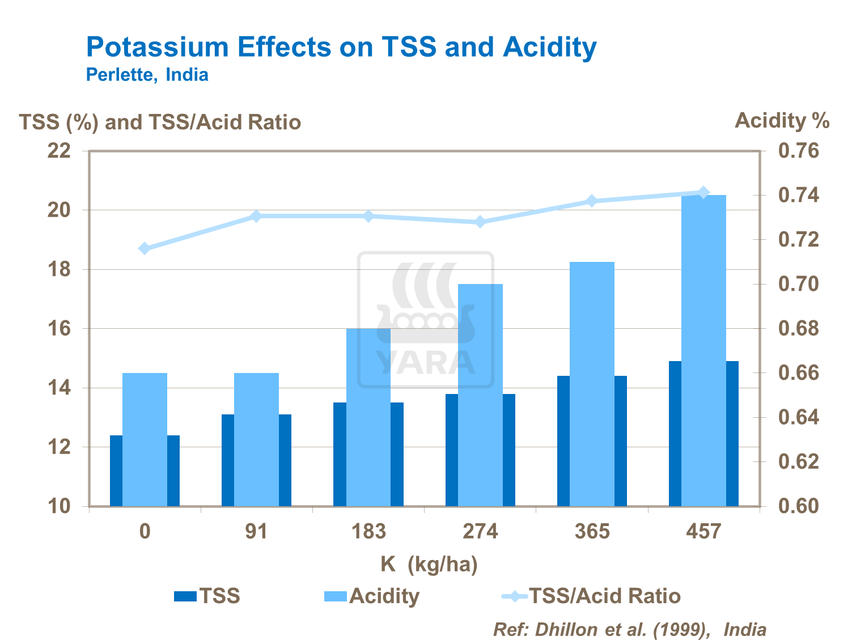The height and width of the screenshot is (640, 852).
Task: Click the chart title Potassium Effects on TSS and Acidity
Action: (x=341, y=47)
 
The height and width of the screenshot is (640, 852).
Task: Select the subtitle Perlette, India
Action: (x=147, y=75)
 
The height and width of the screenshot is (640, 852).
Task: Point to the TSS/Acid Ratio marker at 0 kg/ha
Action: (x=145, y=248)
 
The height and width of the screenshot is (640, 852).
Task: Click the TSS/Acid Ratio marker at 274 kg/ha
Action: (x=480, y=222)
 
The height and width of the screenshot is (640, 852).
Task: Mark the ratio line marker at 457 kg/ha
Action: (x=703, y=192)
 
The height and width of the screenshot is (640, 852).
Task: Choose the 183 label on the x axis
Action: (x=368, y=532)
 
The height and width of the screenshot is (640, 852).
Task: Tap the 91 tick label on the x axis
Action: (x=256, y=532)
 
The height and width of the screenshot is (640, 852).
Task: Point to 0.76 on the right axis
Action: (x=798, y=151)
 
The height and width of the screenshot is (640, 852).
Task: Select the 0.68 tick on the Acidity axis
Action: (x=798, y=328)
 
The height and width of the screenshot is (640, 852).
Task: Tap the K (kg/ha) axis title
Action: (x=429, y=565)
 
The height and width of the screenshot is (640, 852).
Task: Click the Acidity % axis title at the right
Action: (x=782, y=121)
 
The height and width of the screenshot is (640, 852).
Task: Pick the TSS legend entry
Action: (x=207, y=596)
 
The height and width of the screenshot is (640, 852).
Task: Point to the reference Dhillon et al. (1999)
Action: (x=629, y=629)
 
